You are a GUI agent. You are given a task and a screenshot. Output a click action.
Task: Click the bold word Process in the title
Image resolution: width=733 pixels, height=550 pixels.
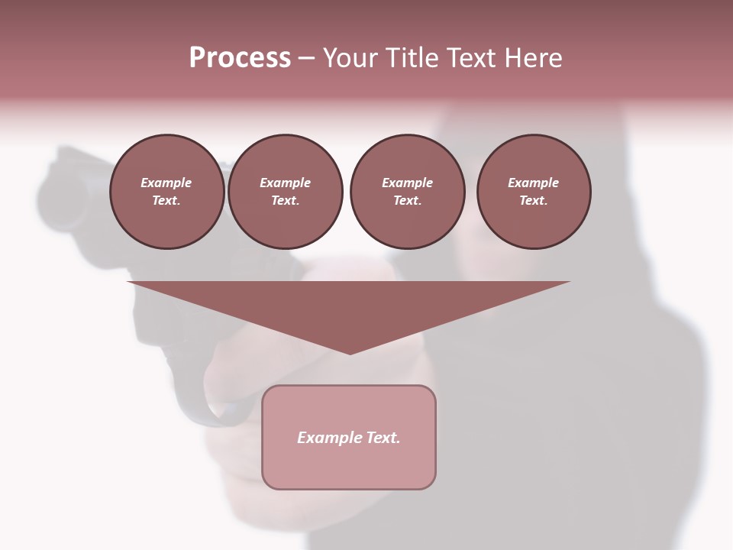240,58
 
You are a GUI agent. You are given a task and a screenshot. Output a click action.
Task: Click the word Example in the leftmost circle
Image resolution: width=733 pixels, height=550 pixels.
166,183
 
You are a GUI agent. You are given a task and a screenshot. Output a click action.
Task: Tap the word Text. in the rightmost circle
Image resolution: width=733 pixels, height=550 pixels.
534,200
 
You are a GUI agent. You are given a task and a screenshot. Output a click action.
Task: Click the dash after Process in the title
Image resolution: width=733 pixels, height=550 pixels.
306,58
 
